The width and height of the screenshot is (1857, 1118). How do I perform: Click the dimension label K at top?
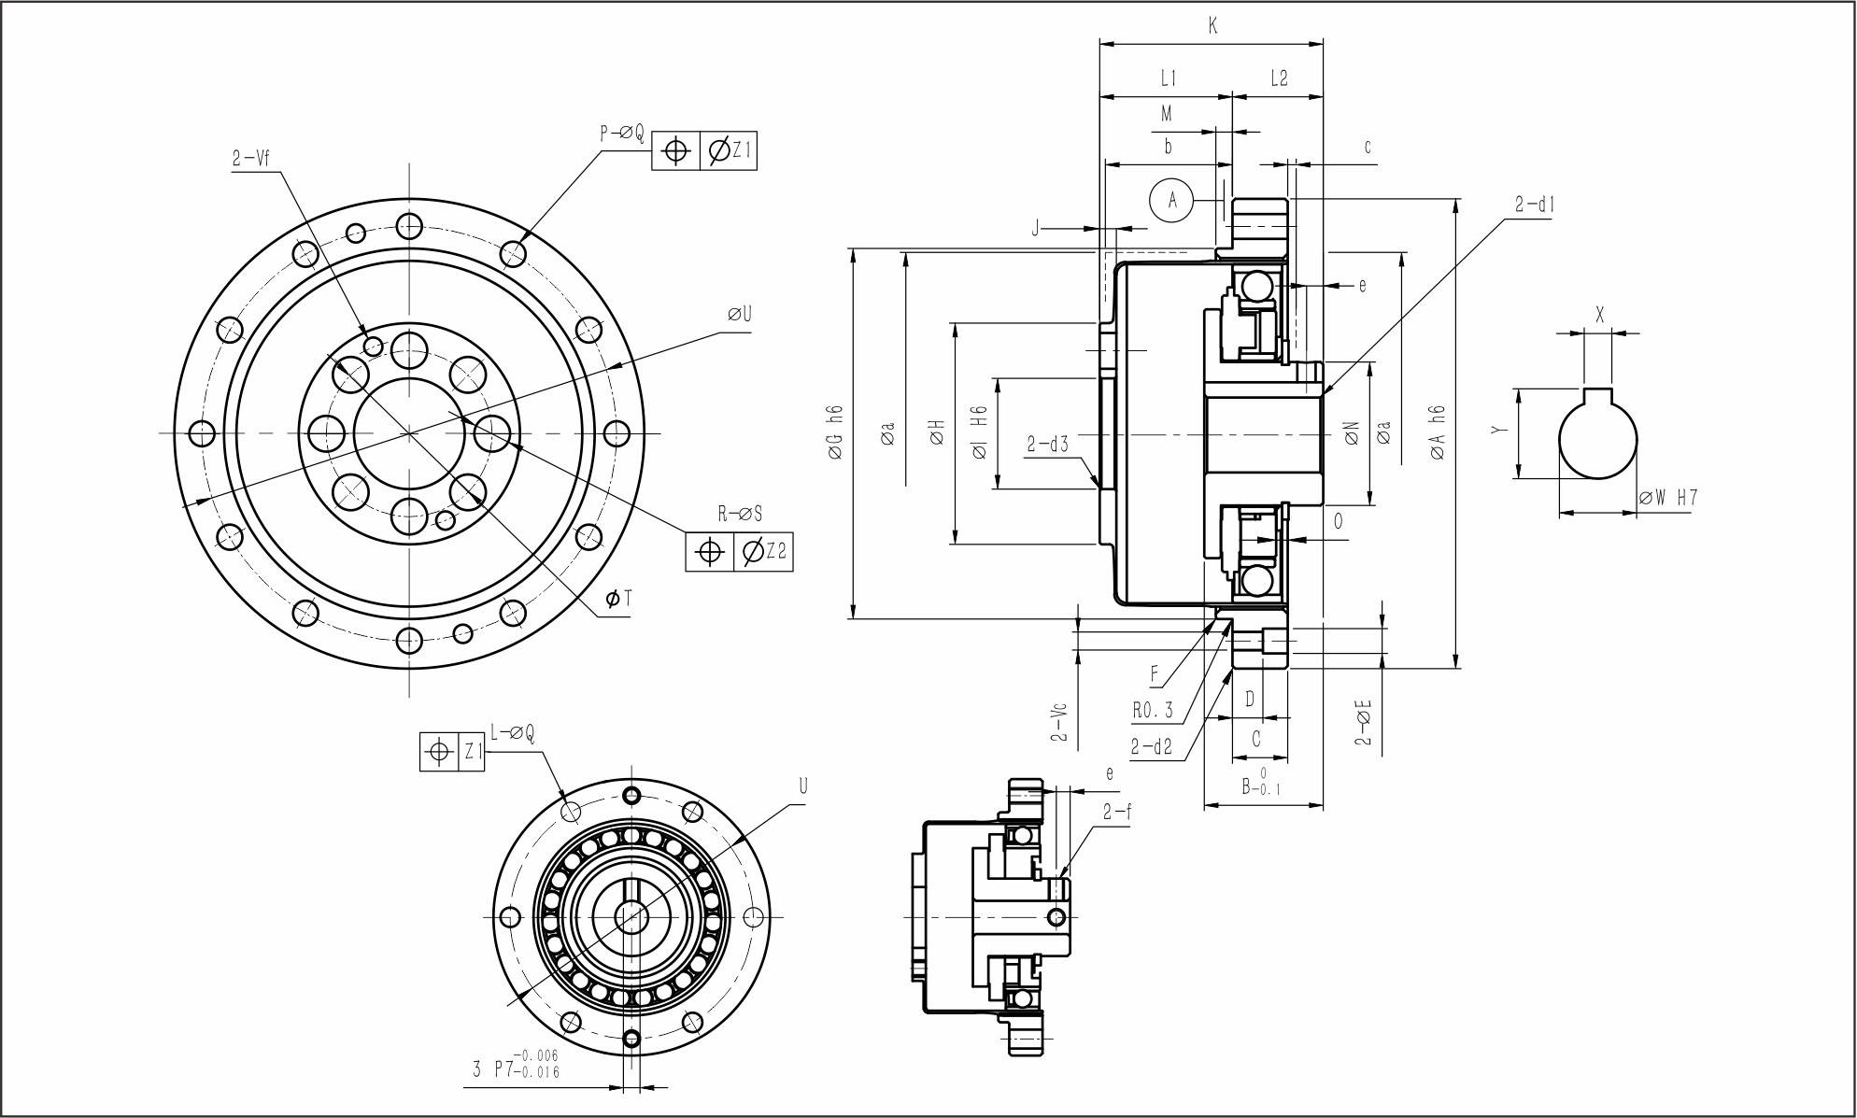[x=1212, y=26]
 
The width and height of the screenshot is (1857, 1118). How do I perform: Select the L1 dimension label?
[x=1168, y=78]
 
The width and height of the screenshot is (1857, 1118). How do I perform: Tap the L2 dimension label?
[x=1279, y=78]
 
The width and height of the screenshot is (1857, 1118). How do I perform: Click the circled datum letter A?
[x=1173, y=198]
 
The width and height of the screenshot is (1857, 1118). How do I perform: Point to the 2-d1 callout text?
[x=1534, y=205]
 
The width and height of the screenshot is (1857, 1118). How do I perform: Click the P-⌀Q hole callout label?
[x=621, y=134]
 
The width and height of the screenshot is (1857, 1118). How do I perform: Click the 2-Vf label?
[x=250, y=159]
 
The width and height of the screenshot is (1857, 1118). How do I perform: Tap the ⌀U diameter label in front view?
[x=740, y=314]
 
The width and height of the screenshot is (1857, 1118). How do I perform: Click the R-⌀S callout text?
[x=740, y=513]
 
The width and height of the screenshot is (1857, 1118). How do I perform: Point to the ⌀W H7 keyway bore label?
[x=1668, y=498]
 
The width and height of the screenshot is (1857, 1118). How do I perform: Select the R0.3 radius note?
[x=1152, y=710]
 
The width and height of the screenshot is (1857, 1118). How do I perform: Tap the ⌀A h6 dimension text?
[x=1438, y=432]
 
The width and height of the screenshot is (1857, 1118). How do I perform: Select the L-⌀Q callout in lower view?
[x=512, y=734]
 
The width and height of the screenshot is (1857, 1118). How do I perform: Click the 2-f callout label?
[x=1116, y=812]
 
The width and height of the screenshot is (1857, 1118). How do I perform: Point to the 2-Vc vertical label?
[x=1058, y=721]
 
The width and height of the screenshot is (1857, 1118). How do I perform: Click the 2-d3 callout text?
[x=1047, y=445]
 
